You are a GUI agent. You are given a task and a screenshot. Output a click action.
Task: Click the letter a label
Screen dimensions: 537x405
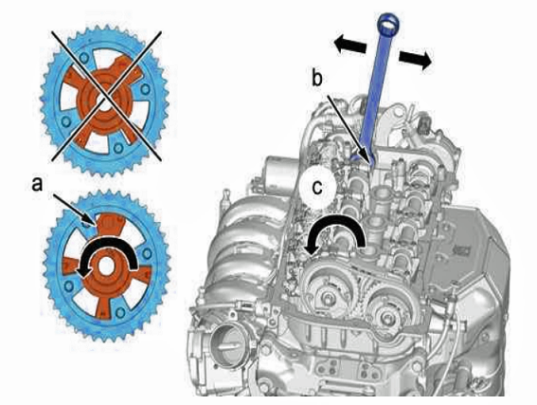pos(37,184)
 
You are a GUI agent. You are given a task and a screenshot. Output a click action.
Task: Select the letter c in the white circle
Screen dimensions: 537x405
pos(317,187)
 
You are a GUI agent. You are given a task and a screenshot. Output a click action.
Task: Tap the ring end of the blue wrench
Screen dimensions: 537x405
pos(388,24)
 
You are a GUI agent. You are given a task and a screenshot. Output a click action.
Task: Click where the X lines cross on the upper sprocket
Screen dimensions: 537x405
pos(106,96)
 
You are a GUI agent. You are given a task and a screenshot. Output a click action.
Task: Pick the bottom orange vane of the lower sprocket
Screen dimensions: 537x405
pos(103,305)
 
